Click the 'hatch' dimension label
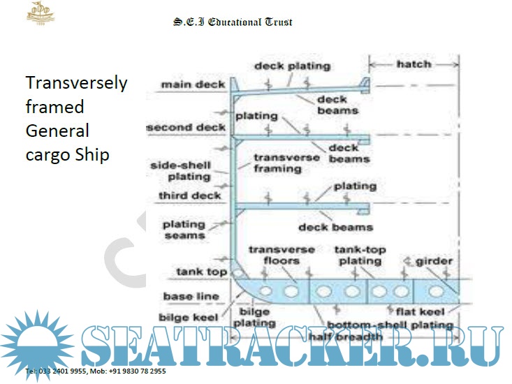[x=414, y=64]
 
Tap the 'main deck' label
[x=193, y=84]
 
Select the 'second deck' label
[x=186, y=128]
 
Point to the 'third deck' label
[x=190, y=195]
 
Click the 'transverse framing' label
[x=277, y=163]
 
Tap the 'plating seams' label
[x=184, y=230]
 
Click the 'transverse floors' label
[x=281, y=255]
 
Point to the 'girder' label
[x=434, y=261]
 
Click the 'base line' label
[x=191, y=296]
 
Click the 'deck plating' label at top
[x=292, y=66]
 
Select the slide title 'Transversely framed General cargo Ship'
[x=76, y=118]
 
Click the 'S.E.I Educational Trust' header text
[x=233, y=22]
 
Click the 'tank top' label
[x=201, y=272]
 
